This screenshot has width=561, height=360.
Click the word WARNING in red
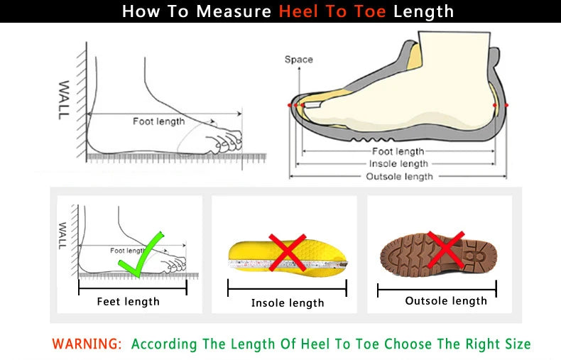tap(87, 344)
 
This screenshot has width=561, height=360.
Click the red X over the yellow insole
tap(287, 252)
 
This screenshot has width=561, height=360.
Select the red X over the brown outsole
tap(446, 250)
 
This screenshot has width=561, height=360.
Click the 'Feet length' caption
tap(128, 302)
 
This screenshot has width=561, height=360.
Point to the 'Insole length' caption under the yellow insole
tap(288, 303)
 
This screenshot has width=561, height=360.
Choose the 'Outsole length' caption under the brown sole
tap(446, 301)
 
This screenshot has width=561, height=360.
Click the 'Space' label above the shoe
tap(298, 60)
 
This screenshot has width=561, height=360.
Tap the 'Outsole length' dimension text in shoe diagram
tap(398, 177)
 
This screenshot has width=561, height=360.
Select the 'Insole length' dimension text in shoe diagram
tap(398, 164)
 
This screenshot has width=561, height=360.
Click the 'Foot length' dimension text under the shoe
tap(398, 151)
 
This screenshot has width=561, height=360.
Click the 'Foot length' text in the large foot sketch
tap(158, 121)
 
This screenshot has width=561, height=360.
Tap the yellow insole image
tap(287, 256)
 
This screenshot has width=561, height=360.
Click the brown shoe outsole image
tap(438, 252)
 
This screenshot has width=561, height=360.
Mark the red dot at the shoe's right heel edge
tap(506, 105)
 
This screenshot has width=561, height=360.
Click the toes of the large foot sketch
tap(226, 138)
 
